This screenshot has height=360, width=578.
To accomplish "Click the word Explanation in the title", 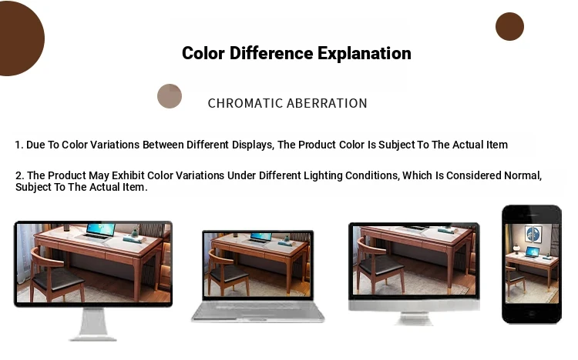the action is pyautogui.click(x=365, y=54).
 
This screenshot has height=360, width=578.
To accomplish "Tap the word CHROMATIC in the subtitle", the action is pyautogui.click(x=246, y=103).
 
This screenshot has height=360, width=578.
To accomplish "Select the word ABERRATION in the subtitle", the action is pyautogui.click(x=327, y=103).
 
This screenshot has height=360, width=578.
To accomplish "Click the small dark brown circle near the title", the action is pyautogui.click(x=509, y=26).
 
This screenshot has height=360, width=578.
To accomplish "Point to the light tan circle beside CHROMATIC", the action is pyautogui.click(x=170, y=96).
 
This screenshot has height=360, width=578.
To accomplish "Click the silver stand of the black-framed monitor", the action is pyautogui.click(x=93, y=325).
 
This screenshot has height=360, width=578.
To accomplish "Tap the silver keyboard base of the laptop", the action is pyautogui.click(x=258, y=312).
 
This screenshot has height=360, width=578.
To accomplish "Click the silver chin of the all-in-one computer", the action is pyautogui.click(x=414, y=305).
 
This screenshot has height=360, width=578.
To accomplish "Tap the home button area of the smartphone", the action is pyautogui.click(x=532, y=314).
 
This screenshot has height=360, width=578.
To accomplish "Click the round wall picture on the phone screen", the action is pyautogui.click(x=533, y=233).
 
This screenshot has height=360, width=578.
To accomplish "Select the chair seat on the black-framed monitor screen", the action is pyautogui.click(x=58, y=279).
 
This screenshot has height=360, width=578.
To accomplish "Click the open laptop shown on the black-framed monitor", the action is pyautogui.click(x=96, y=232).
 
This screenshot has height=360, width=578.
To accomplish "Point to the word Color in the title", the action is pyautogui.click(x=203, y=54).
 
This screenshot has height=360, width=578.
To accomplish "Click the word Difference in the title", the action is pyautogui.click(x=271, y=54).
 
